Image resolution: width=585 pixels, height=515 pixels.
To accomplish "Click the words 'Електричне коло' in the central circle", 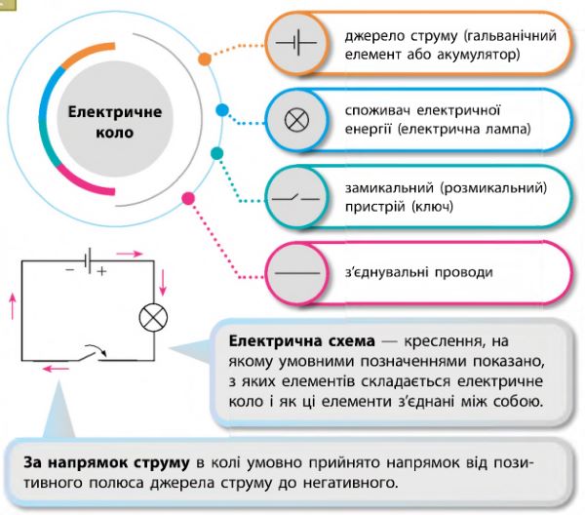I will pyautogui.click(x=115, y=121).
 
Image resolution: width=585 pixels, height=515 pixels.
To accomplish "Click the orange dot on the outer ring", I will pyautogui.click(x=205, y=59).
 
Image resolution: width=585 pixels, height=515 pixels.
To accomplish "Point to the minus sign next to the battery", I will pyautogui.click(x=69, y=265).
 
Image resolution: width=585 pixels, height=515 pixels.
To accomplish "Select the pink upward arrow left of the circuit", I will pyautogui.click(x=12, y=306).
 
